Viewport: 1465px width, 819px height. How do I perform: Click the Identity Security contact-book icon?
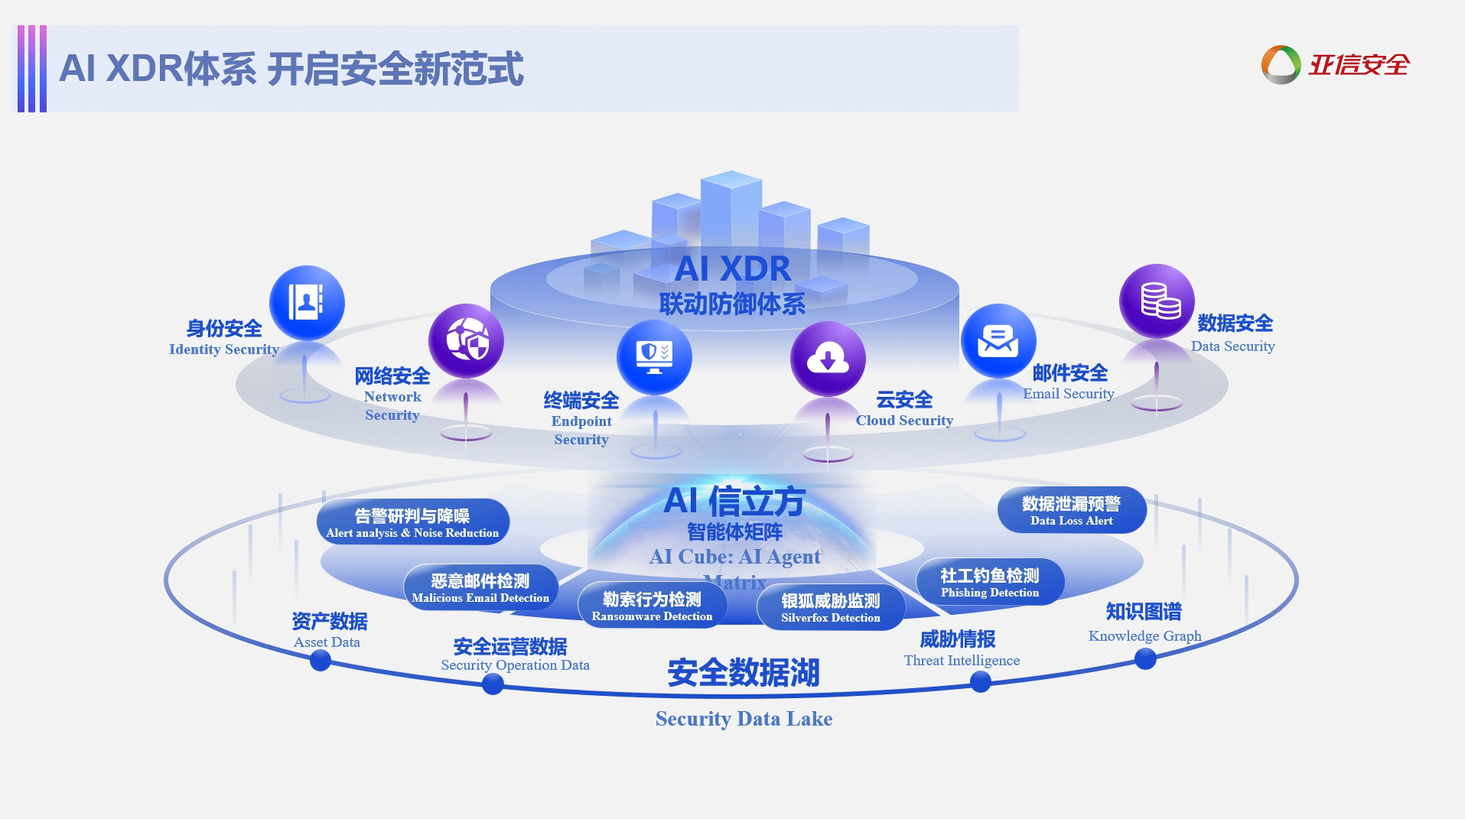click(307, 303)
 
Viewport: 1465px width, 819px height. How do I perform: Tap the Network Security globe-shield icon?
click(466, 340)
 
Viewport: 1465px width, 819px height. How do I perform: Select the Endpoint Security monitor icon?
click(654, 357)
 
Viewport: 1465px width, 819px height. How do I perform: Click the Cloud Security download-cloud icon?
click(828, 359)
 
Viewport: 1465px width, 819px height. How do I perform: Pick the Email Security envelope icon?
click(998, 341)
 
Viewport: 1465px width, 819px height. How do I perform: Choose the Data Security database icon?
click(1157, 301)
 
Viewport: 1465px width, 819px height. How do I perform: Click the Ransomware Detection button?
click(652, 606)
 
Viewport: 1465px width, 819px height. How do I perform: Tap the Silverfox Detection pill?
click(831, 608)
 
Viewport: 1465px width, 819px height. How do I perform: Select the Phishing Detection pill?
click(990, 583)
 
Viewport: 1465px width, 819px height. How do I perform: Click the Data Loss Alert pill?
click(1071, 511)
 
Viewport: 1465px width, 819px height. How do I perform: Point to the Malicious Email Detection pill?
click(480, 588)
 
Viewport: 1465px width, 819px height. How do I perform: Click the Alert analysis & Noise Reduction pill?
click(412, 523)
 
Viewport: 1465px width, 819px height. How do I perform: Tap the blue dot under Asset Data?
click(321, 661)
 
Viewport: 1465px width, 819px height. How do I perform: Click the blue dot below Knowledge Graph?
click(1145, 658)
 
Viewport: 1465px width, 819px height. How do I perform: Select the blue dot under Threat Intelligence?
click(980, 682)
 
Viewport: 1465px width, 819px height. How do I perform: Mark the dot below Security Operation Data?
click(493, 684)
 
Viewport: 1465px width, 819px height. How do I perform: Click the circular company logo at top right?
click(1281, 65)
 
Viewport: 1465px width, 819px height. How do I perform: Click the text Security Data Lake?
click(744, 719)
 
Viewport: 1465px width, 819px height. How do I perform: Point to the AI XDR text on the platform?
click(733, 269)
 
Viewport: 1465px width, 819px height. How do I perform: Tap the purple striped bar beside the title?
click(32, 69)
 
